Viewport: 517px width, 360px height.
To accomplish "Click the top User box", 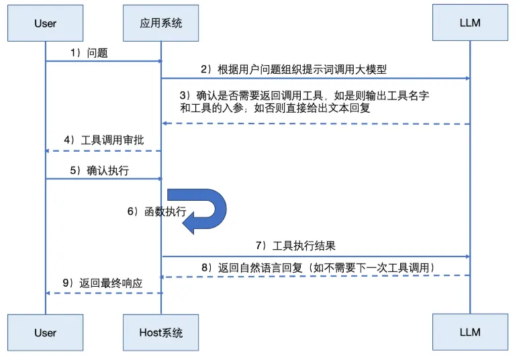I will coord(45,24).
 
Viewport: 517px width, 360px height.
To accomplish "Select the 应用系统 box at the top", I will coord(161,24).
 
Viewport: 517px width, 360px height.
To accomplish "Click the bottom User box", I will coord(45,332).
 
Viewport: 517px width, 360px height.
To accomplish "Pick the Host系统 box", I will coord(161,332).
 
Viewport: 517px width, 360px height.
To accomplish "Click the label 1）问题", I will coord(89,52).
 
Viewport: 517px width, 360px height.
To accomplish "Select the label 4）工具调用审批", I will coord(103,140).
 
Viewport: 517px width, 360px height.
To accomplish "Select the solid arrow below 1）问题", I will coord(103,61).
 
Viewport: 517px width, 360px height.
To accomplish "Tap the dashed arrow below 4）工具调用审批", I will coord(103,150).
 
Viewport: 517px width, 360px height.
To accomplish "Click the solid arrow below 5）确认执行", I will coord(103,179).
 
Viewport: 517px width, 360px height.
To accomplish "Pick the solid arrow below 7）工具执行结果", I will coord(315,256).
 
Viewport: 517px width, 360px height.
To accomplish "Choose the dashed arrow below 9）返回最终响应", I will coord(103,293).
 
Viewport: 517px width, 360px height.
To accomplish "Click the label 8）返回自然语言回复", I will coord(319,267).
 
